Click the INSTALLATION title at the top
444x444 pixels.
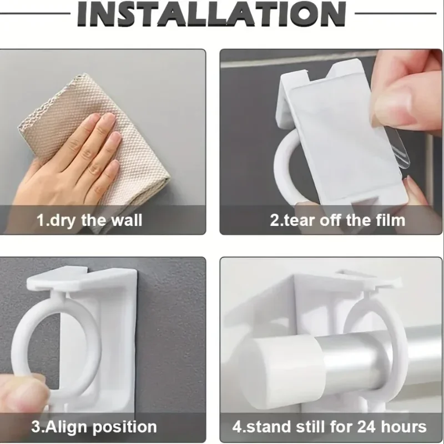coord(221,15)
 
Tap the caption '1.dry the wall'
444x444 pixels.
coord(89,220)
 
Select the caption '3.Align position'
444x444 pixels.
coord(93,427)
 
